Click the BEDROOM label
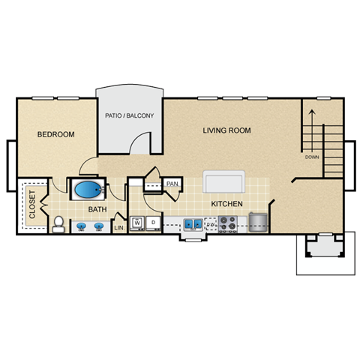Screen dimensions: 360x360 click(57, 134)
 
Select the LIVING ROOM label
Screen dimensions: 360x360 click(226, 130)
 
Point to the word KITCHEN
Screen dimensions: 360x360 click(226, 203)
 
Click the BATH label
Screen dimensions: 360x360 click(97, 209)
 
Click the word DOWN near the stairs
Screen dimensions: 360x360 click(312, 157)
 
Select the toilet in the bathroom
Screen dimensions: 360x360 click(58, 223)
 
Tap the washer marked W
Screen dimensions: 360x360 click(138, 223)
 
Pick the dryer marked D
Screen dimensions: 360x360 click(153, 223)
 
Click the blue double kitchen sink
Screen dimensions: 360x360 click(192, 223)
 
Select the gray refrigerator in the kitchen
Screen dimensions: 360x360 click(258, 221)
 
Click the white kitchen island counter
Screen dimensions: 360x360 click(223, 182)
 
